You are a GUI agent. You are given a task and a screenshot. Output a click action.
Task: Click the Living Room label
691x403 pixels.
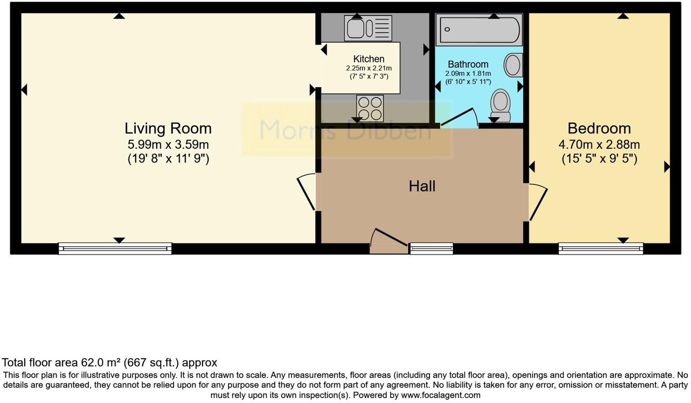coord(168,128)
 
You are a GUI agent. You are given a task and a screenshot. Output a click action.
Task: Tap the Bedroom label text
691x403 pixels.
coord(599,128)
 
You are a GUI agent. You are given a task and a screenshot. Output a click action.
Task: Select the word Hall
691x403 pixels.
coord(422,186)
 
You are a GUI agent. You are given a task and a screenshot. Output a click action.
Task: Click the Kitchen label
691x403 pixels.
coord(369,59)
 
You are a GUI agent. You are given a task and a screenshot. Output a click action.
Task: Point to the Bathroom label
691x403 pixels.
coord(468,64)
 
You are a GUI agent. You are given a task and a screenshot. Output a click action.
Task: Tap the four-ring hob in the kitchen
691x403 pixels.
coord(370,108)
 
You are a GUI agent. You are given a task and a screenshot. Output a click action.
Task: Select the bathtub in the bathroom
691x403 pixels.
coord(479,30)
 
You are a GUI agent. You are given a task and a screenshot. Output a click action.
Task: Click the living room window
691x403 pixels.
coord(115,248)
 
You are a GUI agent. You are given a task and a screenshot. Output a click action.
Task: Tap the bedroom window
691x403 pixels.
coord(601,248)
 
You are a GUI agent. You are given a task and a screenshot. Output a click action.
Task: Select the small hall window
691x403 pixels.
coord(431,248)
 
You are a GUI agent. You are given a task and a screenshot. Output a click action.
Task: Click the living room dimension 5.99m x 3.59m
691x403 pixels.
coord(168,145)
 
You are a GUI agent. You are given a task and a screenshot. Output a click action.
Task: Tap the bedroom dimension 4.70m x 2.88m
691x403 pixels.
coord(599,145)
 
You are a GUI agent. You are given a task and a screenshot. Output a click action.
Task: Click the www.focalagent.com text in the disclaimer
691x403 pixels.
coord(441,395)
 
